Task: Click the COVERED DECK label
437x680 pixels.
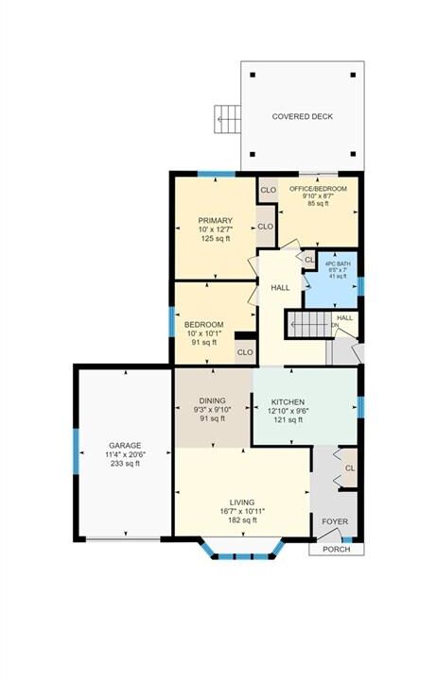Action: coord(303,116)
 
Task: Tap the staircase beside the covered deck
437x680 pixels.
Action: coord(227,119)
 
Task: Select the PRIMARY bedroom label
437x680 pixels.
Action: coord(215,220)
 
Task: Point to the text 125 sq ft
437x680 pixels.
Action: coord(215,239)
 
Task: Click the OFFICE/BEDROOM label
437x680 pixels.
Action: coord(318,189)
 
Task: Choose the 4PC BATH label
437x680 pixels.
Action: coord(338,263)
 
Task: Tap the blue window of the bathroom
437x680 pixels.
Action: coord(360,286)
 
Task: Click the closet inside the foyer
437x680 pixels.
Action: coord(349,467)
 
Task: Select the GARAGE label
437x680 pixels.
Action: coord(125,446)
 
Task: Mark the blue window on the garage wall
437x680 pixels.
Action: coord(76,451)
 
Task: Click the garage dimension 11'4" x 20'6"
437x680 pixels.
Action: coord(125,454)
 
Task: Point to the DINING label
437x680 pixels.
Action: coord(213,400)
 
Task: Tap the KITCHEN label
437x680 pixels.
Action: coord(288,402)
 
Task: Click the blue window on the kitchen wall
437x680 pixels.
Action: coord(360,408)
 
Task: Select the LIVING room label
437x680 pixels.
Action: coord(242,502)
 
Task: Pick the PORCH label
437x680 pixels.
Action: coord(336,549)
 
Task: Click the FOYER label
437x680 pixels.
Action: coord(335,521)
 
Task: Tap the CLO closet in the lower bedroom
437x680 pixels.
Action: coord(245,351)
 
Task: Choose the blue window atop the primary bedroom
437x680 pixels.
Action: coord(217,175)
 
